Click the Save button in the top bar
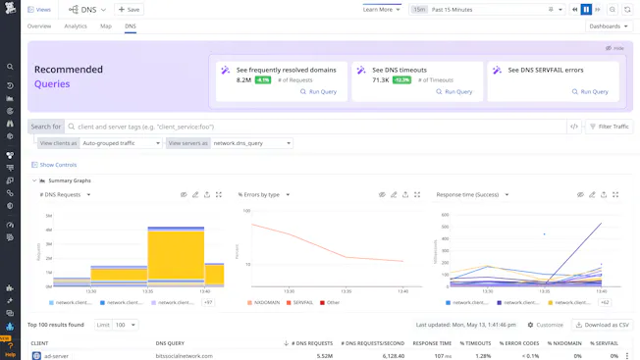point(130,9)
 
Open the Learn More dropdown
point(382,9)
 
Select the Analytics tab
point(76,26)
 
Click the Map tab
point(106,26)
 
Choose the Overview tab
point(39,26)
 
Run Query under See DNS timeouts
point(454,91)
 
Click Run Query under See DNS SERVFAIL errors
point(590,91)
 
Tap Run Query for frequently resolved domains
point(319,91)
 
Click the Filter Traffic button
point(610,127)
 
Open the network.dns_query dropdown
point(252,143)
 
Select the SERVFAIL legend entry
point(302,302)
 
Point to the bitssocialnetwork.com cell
point(184,355)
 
